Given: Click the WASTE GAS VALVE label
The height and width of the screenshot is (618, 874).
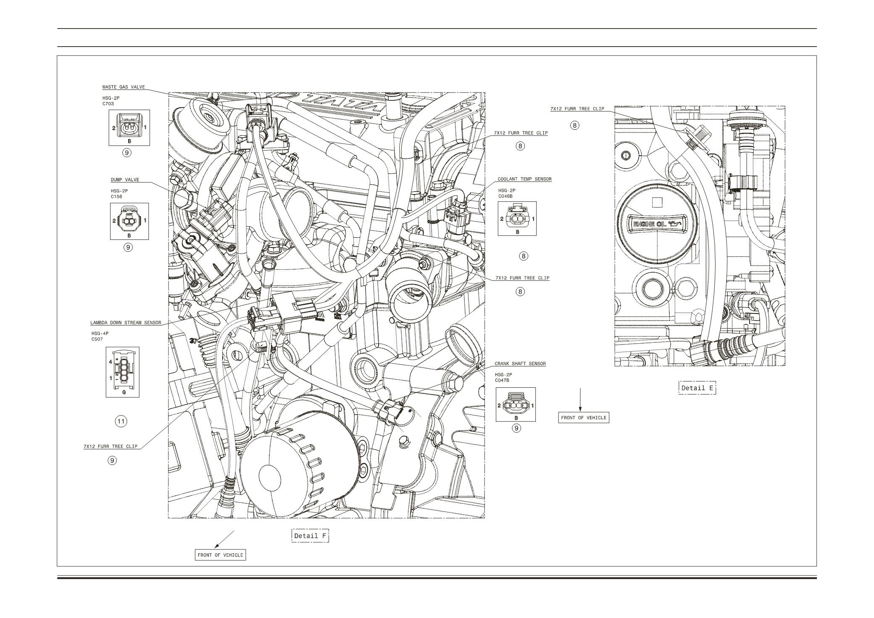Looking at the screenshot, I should click(x=124, y=87).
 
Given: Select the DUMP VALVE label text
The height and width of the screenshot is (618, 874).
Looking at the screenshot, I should click(x=125, y=180).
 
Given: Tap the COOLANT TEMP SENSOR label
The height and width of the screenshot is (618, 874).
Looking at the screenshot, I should click(x=524, y=179).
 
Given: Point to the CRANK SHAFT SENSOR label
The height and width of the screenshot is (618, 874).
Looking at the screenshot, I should click(x=520, y=364).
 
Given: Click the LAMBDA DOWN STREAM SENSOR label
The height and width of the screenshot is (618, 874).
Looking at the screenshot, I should click(x=126, y=323).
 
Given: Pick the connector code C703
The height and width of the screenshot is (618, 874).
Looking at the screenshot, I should click(x=108, y=104).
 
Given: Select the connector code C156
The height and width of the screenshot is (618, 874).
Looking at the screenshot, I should click(x=116, y=196).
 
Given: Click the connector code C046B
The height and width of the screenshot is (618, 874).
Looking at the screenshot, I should click(x=505, y=196).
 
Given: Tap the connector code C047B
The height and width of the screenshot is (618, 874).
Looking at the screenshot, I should click(x=502, y=380).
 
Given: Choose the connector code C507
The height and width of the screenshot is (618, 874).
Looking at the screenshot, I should click(x=97, y=339).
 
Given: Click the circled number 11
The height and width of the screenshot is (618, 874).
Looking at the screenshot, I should click(x=121, y=421).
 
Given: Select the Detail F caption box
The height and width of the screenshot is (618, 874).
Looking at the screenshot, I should click(x=310, y=536).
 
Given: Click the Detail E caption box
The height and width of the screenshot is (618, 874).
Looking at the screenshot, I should click(x=697, y=388).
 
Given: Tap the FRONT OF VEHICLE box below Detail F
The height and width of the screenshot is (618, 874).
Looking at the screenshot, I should click(x=220, y=555).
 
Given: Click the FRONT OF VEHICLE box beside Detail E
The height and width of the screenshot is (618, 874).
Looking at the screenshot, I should click(x=584, y=418).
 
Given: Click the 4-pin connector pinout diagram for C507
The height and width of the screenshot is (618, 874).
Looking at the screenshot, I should click(x=123, y=372).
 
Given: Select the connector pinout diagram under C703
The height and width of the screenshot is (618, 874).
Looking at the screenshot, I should click(x=129, y=128).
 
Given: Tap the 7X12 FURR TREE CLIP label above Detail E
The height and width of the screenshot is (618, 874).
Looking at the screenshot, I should click(x=577, y=109).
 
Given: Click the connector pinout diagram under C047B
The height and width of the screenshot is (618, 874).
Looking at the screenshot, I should click(x=516, y=405).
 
